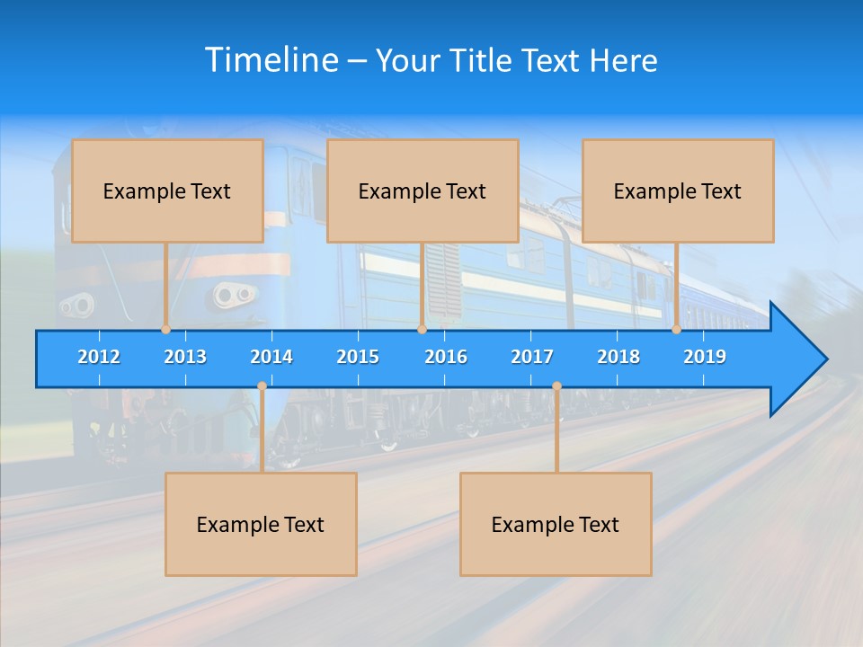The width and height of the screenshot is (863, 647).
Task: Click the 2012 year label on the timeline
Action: (99, 357)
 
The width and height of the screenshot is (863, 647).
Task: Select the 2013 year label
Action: (185, 357)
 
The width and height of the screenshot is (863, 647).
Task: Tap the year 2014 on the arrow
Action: (271, 357)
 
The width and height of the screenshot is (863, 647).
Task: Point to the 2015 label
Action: (358, 357)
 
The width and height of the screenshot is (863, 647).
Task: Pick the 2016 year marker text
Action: (446, 357)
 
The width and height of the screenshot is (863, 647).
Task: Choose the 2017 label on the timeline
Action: (532, 357)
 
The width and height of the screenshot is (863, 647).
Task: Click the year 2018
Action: (618, 357)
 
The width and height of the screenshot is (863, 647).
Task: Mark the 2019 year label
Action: (705, 357)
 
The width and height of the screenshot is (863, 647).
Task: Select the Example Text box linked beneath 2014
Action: (261, 524)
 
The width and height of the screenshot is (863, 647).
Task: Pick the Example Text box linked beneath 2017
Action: (556, 524)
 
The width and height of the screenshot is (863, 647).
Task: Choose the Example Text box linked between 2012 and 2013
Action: (167, 191)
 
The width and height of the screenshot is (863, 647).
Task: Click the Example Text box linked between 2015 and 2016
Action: (423, 191)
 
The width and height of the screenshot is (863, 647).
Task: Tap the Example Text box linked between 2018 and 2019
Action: (678, 191)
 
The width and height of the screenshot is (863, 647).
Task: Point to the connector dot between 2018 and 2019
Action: (677, 330)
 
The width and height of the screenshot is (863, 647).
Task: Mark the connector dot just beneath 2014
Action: (262, 386)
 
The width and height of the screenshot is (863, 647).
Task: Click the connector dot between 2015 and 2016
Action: (422, 330)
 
